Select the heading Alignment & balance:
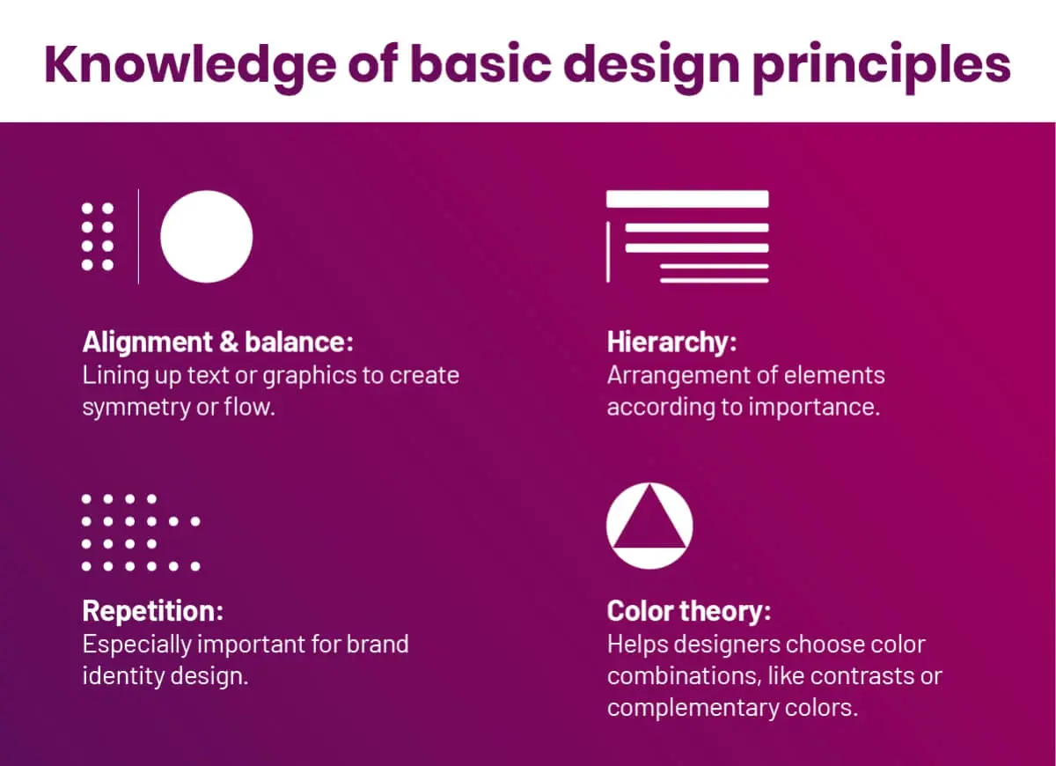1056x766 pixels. point(218,342)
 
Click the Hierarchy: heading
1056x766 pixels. point(671,342)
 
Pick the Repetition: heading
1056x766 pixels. point(153,610)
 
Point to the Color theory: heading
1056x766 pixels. point(689,610)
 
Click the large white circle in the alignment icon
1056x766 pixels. point(207,237)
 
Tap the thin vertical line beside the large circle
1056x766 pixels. point(138,237)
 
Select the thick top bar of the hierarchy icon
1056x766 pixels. point(687,199)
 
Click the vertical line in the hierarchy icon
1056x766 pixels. point(608,252)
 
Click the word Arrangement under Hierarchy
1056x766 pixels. point(674,376)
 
